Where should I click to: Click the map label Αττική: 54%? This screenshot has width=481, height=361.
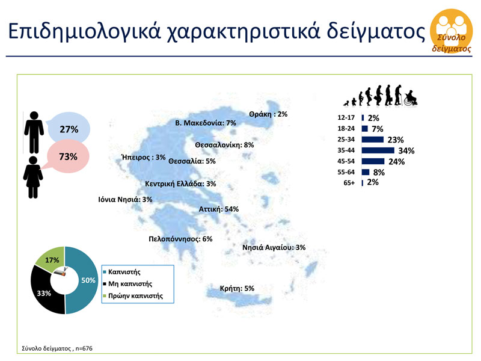pos(219,209)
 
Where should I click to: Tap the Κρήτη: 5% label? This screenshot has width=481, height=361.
pos(237,288)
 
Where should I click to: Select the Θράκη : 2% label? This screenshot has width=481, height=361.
pos(268,114)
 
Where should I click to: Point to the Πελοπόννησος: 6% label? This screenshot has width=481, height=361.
pos(181,239)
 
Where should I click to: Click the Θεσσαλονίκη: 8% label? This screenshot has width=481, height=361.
pos(225,145)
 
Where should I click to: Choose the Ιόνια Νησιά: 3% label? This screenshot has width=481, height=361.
pos(126,199)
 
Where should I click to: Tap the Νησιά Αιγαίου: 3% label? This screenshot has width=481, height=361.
pos(274,247)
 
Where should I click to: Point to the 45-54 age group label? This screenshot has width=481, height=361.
pos(348,161)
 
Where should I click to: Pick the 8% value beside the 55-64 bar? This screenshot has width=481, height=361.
pos(379,172)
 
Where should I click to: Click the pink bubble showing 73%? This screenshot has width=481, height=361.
pos(67,156)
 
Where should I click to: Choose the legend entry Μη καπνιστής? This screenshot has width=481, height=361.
pos(129,283)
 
